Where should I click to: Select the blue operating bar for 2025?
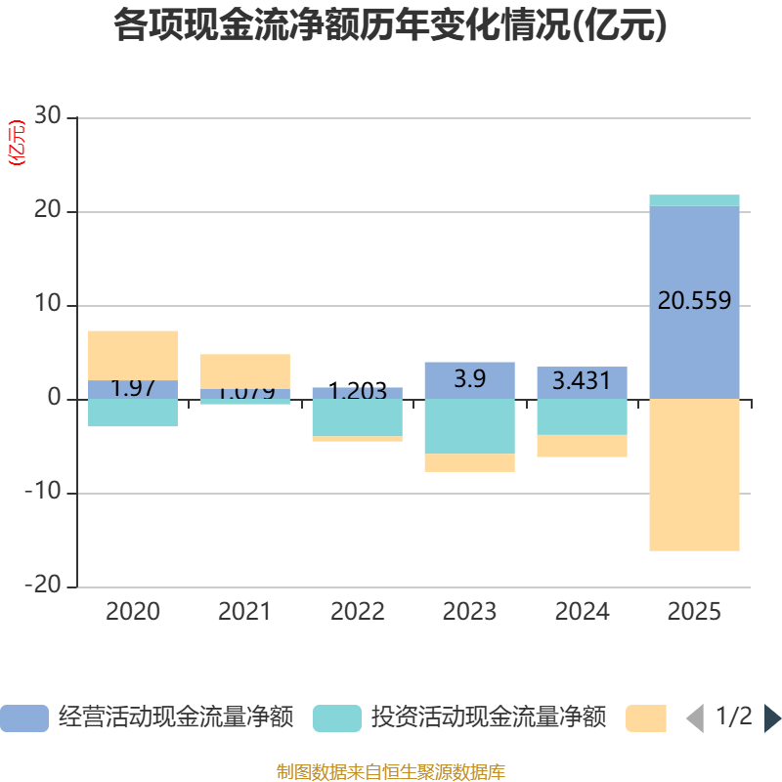coord(694,352)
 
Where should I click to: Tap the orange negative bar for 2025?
coord(694,475)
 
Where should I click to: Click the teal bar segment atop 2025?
coord(694,200)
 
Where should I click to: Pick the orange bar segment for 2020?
coord(133,355)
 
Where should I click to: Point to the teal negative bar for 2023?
coord(469,426)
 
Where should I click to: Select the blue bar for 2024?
coord(582,382)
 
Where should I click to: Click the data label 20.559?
coord(694,302)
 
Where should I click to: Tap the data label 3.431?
coord(582,381)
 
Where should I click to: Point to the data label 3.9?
coord(469,379)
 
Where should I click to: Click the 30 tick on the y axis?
coord(47,117)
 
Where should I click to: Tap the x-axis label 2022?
coord(357,613)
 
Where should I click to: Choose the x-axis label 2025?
coord(694,613)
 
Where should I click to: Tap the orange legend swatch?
coord(646,718)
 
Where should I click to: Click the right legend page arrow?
coord(772,718)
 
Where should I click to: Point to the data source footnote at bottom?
coord(391,772)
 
